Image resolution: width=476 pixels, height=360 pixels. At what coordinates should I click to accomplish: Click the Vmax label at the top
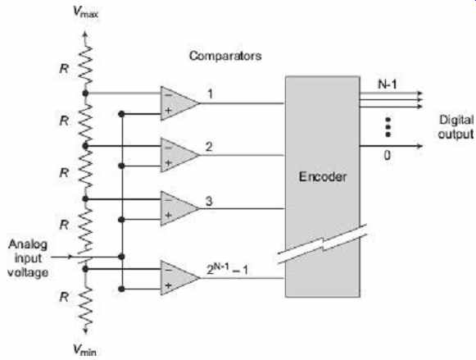click(85, 11)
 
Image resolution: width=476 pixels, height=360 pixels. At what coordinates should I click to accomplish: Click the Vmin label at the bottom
click(85, 349)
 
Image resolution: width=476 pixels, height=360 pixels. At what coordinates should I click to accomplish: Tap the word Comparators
click(225, 56)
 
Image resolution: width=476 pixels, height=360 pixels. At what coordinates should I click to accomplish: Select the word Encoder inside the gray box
click(323, 176)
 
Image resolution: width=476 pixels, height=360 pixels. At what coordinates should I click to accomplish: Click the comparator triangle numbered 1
click(179, 103)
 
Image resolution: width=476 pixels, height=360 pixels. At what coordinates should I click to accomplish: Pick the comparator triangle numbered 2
click(179, 155)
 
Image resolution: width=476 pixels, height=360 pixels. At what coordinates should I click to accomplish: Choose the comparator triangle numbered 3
click(179, 208)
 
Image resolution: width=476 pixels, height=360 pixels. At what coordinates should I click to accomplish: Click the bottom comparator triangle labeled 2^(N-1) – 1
click(179, 278)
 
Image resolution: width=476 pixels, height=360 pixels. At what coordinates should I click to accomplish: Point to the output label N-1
click(388, 84)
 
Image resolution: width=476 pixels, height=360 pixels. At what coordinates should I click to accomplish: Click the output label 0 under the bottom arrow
click(387, 155)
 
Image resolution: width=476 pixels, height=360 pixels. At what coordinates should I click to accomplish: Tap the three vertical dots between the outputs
click(388, 127)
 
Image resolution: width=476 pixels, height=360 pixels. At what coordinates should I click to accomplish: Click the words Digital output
click(456, 127)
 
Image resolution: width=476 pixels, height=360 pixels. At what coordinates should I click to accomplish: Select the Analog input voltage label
click(28, 258)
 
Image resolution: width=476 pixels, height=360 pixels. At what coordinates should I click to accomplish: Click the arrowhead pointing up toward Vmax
click(85, 34)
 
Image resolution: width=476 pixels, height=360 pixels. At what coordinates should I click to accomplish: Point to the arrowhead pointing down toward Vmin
click(85, 330)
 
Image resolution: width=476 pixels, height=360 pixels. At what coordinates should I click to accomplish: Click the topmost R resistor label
click(64, 69)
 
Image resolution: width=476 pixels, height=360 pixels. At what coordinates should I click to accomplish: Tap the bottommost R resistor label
click(64, 297)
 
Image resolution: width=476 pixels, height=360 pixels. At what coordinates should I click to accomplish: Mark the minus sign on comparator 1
click(168, 95)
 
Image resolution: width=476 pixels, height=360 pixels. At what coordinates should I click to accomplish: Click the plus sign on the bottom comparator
click(168, 285)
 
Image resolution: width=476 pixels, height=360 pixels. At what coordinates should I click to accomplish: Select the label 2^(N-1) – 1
click(227, 269)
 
